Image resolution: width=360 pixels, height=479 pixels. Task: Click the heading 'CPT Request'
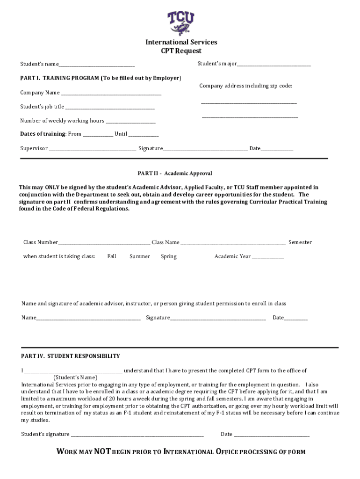(181, 51)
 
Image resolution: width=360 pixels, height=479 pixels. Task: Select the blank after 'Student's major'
(274, 64)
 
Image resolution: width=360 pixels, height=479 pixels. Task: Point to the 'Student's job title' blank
(110, 108)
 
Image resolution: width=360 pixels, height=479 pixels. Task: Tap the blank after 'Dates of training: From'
(98, 135)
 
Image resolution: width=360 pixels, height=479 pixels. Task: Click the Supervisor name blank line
(93, 149)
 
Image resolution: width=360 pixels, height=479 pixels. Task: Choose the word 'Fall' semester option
(112, 256)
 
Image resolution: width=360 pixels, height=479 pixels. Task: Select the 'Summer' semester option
(140, 256)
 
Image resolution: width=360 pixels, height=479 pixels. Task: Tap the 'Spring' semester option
(169, 256)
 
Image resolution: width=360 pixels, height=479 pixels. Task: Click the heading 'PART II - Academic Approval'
(175, 174)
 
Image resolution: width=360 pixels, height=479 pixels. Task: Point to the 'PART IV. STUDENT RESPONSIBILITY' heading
(71, 356)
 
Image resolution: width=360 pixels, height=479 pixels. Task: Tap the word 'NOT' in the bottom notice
(102, 451)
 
